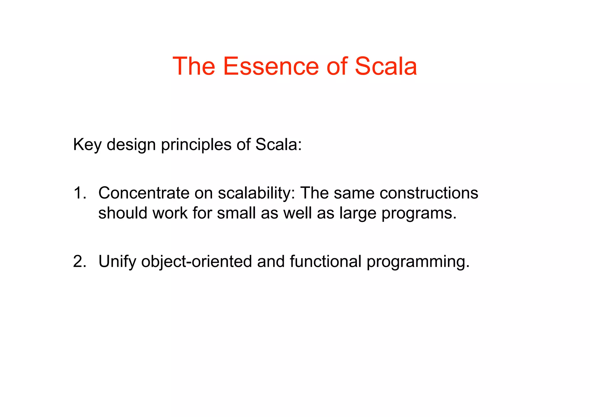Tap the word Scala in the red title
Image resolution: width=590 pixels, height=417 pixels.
(x=386, y=66)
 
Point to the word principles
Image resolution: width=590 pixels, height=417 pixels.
(x=196, y=145)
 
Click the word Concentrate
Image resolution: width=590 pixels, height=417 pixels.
(x=143, y=193)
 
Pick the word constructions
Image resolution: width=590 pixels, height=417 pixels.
(x=429, y=193)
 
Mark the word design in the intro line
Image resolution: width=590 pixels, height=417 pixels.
(x=131, y=145)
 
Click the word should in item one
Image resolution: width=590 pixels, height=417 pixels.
(x=123, y=213)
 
